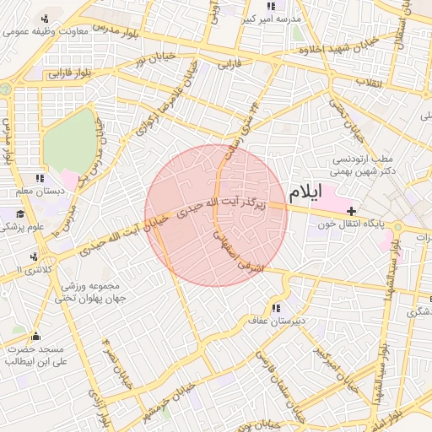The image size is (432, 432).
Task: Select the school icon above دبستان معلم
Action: (39, 178)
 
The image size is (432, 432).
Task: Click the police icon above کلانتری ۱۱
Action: (33, 256)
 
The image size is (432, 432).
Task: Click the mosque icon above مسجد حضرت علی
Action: (35, 336)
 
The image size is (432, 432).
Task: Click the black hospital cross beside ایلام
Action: (351, 209)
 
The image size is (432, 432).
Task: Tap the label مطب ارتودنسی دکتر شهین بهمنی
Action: (364, 165)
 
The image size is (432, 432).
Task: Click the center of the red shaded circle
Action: (216, 215)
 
